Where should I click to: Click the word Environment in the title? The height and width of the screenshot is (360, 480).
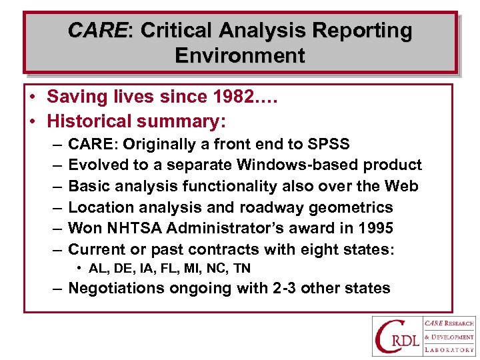[x=240, y=55]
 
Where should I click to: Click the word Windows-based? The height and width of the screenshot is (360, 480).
[x=269, y=165]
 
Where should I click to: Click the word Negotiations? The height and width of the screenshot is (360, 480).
[x=116, y=289]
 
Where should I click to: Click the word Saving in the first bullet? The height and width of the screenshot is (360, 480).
[x=73, y=97]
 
